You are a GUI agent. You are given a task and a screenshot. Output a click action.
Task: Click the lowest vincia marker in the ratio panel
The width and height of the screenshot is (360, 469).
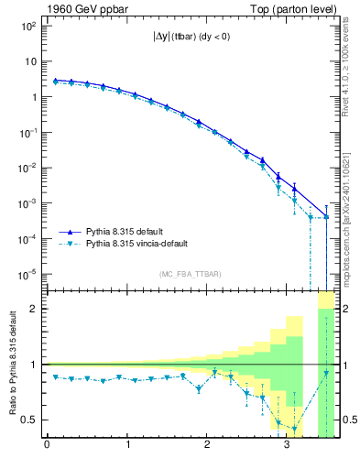pyautogui.click(x=295, y=429)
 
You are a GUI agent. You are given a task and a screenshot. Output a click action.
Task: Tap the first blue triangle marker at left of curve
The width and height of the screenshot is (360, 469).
pyautogui.click(x=55, y=81)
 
